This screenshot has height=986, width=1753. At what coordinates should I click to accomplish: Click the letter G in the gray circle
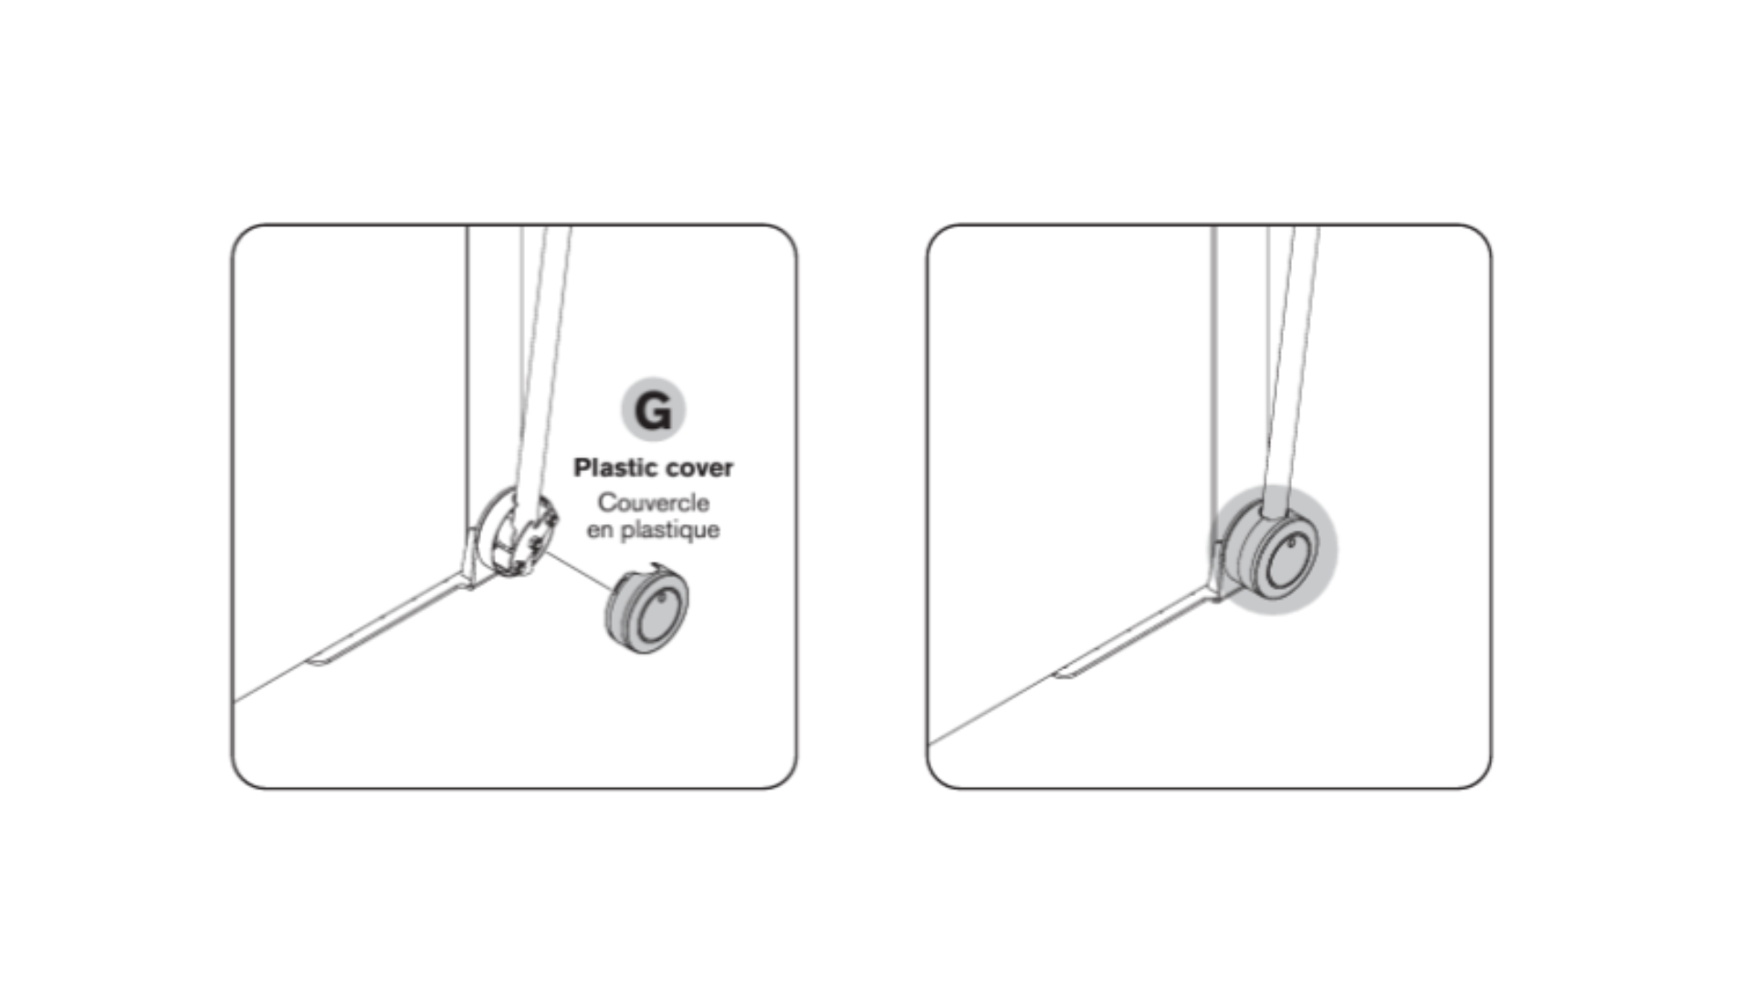[x=653, y=410]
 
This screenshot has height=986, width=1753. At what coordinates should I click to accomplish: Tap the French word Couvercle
[x=653, y=503]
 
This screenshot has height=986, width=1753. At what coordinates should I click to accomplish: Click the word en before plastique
[x=600, y=530]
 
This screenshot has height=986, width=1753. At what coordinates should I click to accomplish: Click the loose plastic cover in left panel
[x=647, y=611]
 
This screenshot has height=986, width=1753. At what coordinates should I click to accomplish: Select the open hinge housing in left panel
[x=516, y=533]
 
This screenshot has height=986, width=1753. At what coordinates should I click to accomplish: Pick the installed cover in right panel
[x=1275, y=551]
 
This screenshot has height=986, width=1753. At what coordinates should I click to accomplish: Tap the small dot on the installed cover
[x=1292, y=543]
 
